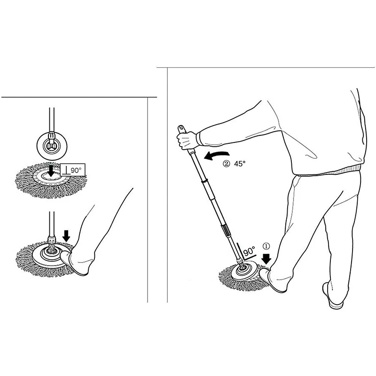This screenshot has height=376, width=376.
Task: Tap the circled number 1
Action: point(266,245)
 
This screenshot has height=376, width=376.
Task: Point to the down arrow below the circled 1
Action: point(267,258)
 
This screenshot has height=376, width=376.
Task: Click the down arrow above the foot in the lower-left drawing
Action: point(66,235)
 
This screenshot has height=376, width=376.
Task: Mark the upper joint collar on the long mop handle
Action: point(204,182)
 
